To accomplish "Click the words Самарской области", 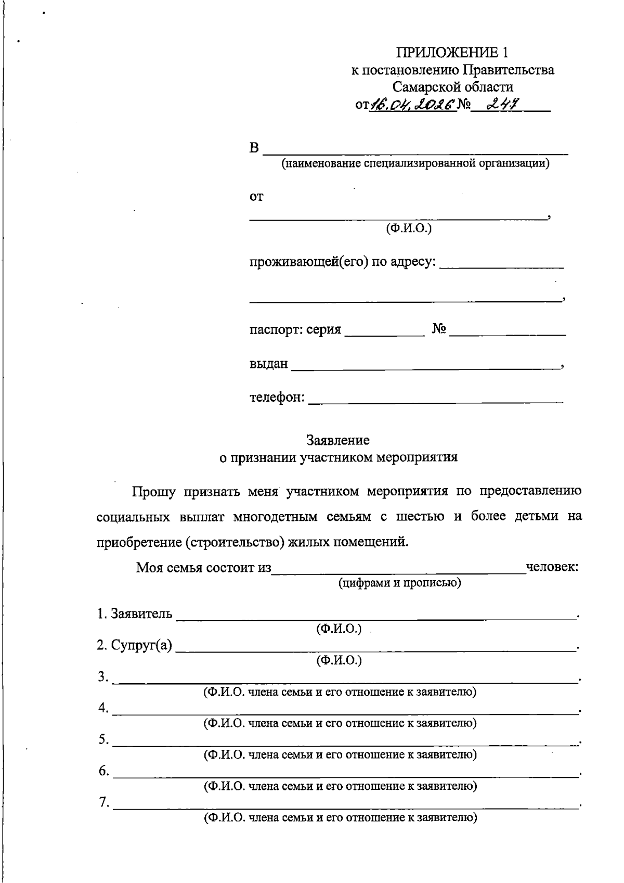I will [452, 87].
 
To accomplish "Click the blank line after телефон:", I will [436, 399].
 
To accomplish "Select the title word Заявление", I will [338, 440].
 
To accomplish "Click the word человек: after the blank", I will [552, 567].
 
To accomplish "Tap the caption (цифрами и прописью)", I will [399, 582].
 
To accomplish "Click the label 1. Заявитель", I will [134, 613].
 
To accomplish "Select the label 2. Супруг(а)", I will [134, 645].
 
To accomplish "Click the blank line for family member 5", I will [345, 741].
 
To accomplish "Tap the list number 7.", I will [103, 803].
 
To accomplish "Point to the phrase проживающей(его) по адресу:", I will [342, 262].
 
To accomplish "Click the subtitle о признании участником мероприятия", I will [338, 457].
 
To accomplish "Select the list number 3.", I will [103, 677].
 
